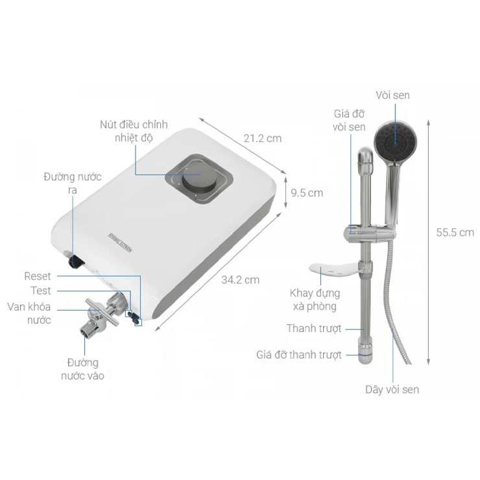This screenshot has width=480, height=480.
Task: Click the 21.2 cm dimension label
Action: [x=263, y=138]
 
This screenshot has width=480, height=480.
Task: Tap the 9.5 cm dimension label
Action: [x=307, y=193]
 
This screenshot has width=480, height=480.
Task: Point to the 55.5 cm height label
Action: [x=454, y=232]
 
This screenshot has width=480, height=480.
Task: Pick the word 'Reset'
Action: [x=37, y=276]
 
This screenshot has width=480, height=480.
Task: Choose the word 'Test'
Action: [x=40, y=291]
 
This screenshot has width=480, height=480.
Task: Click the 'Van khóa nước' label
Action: [x=29, y=313]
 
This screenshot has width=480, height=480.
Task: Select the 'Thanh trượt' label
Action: [x=314, y=329]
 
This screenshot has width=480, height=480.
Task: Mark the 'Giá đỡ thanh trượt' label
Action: [x=298, y=355]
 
